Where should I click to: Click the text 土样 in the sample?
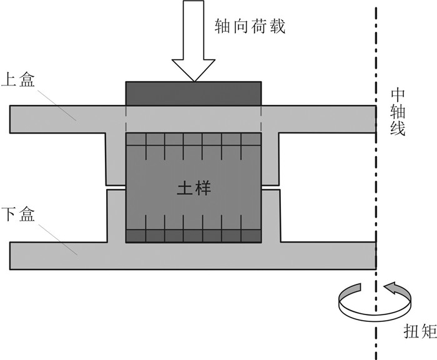coord(194,187)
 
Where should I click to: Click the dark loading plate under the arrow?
coord(194,93)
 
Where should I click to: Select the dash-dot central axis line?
coord(376,187)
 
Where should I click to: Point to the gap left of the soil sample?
coord(117,187)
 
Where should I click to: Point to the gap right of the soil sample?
coord(270,187)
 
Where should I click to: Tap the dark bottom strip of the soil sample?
coord(194,236)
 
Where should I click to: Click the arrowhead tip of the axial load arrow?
coord(194,80)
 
